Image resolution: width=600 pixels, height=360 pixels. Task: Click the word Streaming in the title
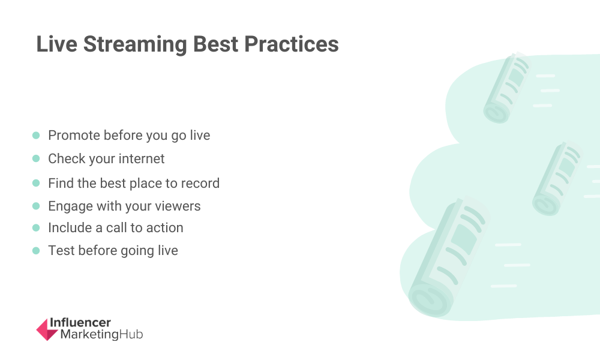(x=135, y=44)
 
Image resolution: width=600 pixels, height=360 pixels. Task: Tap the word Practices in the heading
(x=291, y=44)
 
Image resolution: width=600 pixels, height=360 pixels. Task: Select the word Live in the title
(x=56, y=44)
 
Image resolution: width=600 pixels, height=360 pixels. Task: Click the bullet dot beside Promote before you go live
(x=36, y=136)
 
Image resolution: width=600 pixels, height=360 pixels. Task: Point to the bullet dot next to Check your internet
(x=36, y=158)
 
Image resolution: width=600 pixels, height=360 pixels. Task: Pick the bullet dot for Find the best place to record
(x=36, y=183)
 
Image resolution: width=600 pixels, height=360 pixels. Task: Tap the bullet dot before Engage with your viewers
(x=36, y=206)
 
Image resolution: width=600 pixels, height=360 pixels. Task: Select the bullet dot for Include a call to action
(x=36, y=227)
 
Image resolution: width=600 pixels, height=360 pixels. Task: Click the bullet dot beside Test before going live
(x=36, y=251)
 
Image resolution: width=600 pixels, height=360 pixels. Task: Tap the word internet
(x=142, y=158)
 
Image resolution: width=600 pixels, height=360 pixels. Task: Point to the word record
(x=200, y=183)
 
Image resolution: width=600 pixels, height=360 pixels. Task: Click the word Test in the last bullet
(x=61, y=251)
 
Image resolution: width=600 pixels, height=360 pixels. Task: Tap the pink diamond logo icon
(x=47, y=329)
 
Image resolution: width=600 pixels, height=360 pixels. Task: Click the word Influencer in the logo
(x=80, y=323)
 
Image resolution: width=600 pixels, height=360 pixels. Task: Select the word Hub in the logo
(x=131, y=334)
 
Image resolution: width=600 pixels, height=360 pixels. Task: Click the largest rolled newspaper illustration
(x=448, y=257)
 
